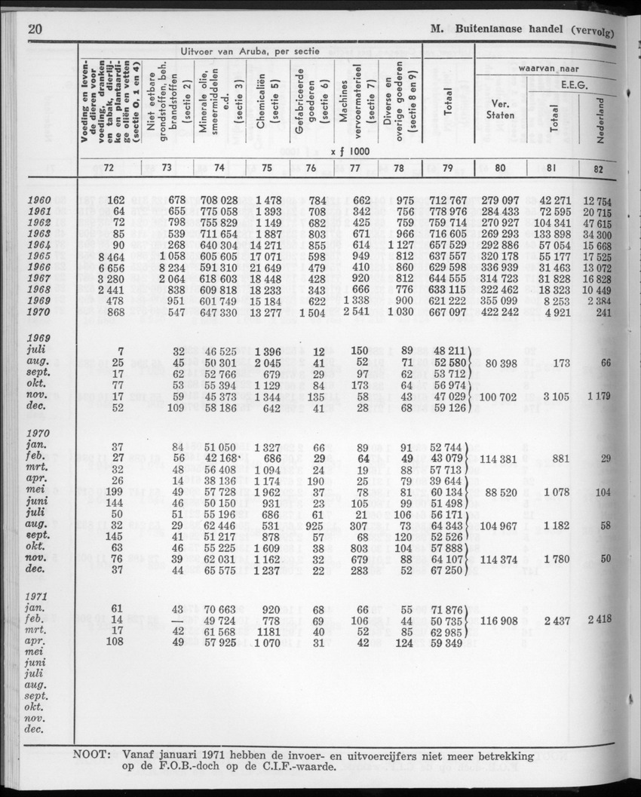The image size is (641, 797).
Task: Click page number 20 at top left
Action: tap(33, 30)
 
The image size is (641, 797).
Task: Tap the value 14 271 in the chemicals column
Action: tap(268, 246)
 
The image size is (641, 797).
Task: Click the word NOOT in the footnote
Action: tap(95, 755)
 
